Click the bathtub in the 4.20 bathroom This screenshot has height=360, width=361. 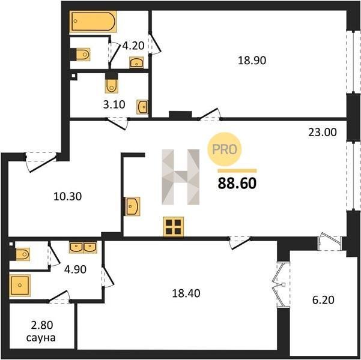pos(93,22)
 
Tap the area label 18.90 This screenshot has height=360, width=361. pos(252,61)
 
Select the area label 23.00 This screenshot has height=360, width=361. pos(323,132)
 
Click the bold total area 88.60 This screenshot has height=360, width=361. pos(237,184)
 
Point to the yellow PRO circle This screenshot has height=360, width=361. pos(225,149)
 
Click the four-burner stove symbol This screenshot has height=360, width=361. pos(174,227)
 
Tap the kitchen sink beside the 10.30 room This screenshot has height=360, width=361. pos(132,206)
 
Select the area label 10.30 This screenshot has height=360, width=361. pos(67,196)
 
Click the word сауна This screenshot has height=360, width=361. pos(41,338)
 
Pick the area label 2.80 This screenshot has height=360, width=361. pos(42,325)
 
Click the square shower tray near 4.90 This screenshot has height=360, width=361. pos(20,285)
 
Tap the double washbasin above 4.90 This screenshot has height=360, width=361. pos(83,247)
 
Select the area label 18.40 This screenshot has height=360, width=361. pos(186,293)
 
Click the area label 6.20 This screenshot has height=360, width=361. pos(323,300)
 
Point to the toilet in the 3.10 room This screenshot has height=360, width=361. pos(112,85)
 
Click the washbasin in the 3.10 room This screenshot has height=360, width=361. pos(142,107)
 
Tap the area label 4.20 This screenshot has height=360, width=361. pos(133,46)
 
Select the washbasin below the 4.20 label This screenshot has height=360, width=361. pos(136,62)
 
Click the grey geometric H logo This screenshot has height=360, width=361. pos(180,177)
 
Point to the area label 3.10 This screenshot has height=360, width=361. pos(114,104)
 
